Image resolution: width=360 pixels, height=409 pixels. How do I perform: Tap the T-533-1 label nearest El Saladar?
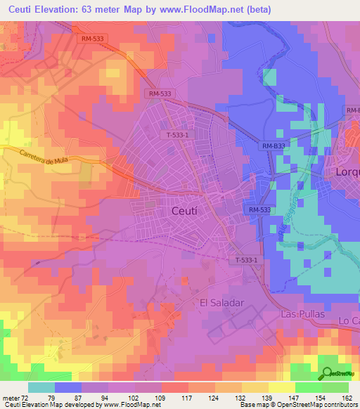(x=246, y=260)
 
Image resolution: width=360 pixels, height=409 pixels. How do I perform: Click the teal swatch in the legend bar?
(x=41, y=387)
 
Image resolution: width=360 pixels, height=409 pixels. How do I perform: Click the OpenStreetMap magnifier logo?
(x=328, y=375)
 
